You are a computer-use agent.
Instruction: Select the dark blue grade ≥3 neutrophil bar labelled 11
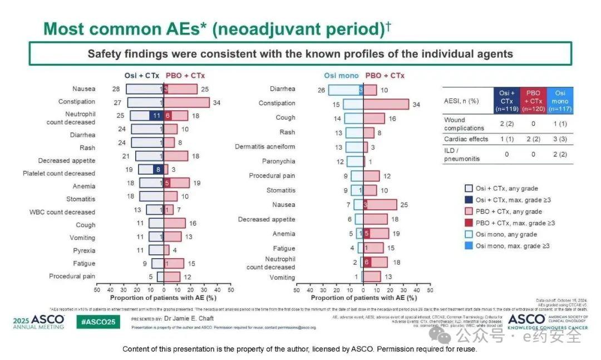coord(156,116)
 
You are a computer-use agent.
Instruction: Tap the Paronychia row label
coord(279,161)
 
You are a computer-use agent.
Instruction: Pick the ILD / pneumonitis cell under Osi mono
coord(560,154)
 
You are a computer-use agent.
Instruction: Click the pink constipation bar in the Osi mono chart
coord(386,104)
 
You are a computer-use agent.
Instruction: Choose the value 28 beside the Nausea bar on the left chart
coord(116,89)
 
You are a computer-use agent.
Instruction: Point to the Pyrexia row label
coord(84,250)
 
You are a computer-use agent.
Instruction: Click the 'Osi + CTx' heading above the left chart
coord(141,76)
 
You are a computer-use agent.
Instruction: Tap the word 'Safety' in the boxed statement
coord(105,54)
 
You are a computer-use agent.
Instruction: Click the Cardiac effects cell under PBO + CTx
coord(533,139)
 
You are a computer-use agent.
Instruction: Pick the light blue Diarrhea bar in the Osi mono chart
coord(346,90)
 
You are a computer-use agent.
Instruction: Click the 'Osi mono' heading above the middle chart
coord(342,76)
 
